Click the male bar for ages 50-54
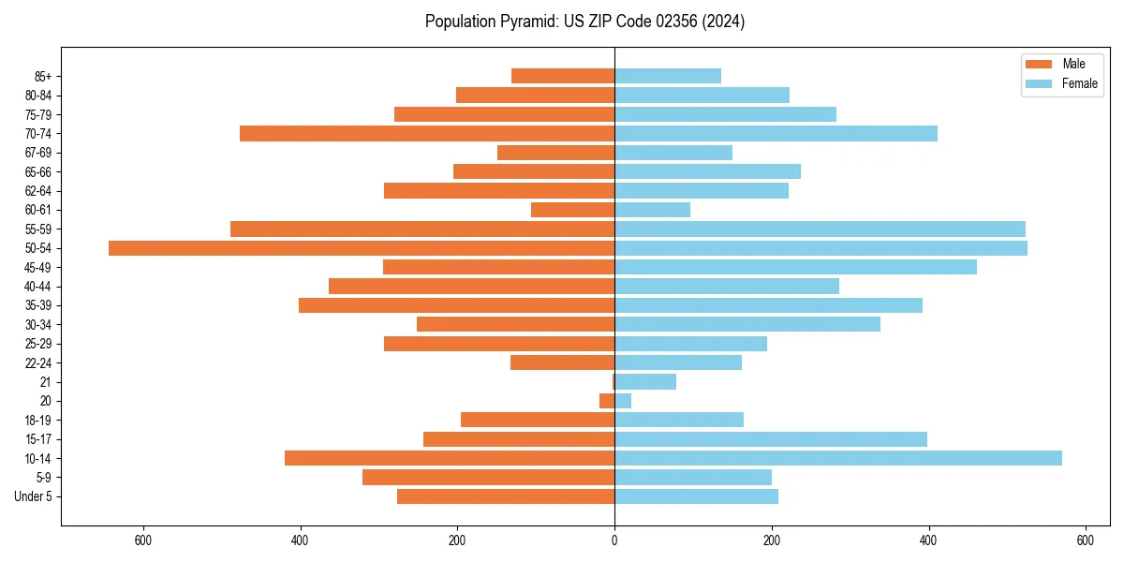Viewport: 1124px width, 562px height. (362, 248)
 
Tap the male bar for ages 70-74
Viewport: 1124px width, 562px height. (427, 134)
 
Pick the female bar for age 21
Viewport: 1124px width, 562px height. (645, 382)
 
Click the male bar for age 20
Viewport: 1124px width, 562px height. (607, 401)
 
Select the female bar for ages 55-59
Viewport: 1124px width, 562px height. (820, 229)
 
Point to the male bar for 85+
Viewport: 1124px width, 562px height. (563, 77)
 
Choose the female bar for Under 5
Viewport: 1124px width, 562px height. (696, 496)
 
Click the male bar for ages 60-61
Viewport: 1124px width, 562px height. (572, 210)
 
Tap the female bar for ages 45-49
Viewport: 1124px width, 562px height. (795, 267)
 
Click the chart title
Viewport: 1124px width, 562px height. (584, 22)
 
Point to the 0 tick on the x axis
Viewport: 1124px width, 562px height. (614, 540)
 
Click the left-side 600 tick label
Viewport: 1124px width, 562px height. (143, 540)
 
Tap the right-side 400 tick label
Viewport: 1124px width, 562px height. (928, 540)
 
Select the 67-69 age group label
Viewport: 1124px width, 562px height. (37, 153)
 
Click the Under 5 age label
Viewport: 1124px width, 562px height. (33, 496)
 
